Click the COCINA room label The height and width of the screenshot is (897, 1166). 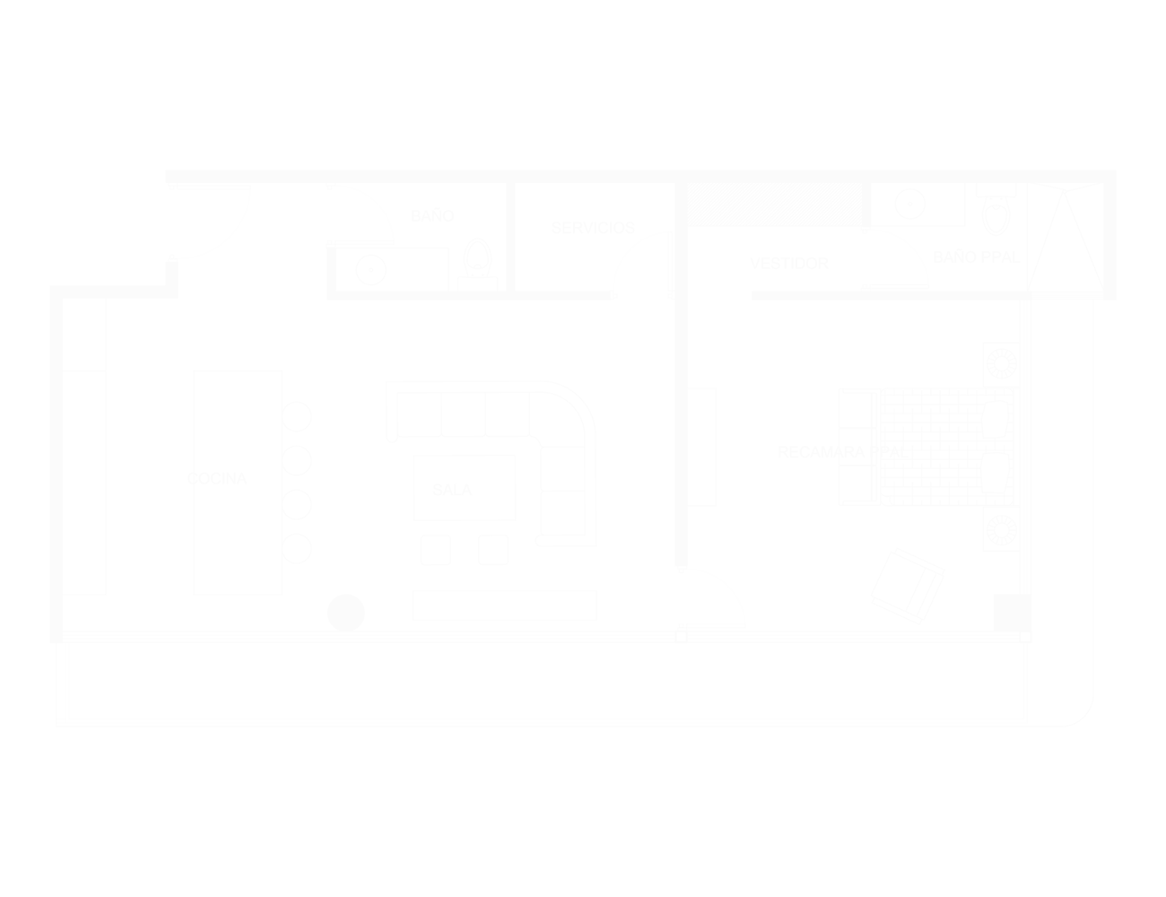216,478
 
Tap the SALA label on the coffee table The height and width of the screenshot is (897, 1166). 451,489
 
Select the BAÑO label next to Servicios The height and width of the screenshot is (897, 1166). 433,216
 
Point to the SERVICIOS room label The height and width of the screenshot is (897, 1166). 593,229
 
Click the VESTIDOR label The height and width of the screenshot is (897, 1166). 789,264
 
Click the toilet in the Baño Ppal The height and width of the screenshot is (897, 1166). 995,212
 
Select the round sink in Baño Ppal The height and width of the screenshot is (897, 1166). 909,205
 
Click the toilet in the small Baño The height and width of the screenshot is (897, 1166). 477,260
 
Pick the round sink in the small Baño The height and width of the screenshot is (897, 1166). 370,270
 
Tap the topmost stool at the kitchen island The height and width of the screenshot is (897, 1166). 297,416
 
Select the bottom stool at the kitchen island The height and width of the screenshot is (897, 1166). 297,548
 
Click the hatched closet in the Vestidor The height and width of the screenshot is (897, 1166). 773,205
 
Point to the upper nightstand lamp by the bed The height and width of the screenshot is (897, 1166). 1000,363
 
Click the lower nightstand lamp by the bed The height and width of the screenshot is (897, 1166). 1000,530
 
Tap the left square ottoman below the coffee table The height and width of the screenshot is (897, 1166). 435,550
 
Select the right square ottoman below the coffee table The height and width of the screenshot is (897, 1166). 493,550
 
